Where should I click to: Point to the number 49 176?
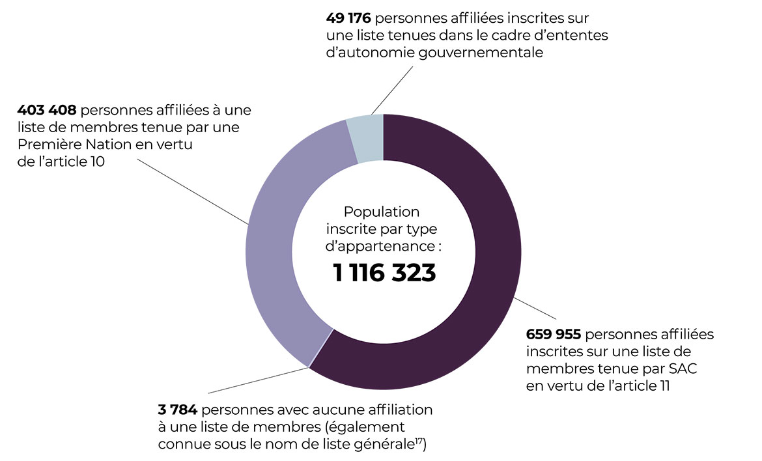click(x=348, y=18)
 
